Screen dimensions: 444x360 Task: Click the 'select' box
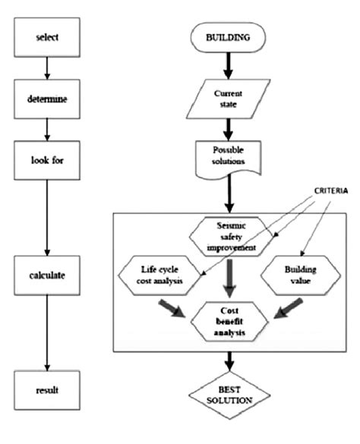(47, 36)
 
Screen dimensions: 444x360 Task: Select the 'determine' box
(47, 99)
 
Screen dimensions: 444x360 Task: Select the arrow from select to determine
(47, 68)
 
